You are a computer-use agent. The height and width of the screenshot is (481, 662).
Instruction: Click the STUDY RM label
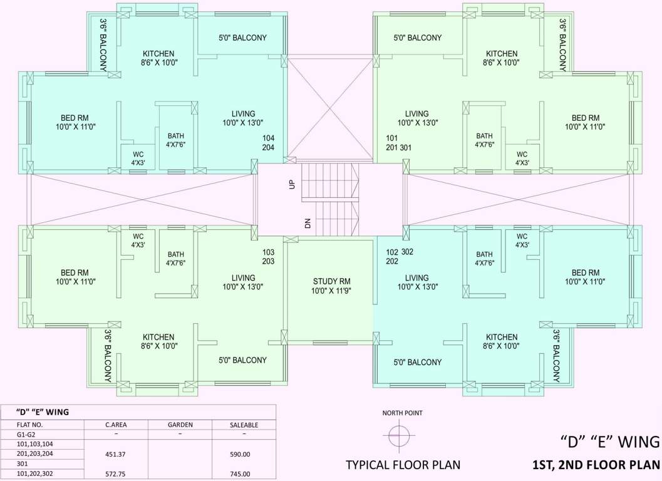click(x=331, y=281)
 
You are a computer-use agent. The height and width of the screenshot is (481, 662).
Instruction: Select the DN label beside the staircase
click(x=308, y=222)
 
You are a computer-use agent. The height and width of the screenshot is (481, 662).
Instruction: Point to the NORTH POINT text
click(x=402, y=413)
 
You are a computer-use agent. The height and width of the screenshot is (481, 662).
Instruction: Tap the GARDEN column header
click(x=180, y=425)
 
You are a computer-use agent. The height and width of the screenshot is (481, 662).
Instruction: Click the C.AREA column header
click(x=116, y=425)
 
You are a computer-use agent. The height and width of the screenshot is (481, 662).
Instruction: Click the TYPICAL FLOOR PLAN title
click(x=403, y=465)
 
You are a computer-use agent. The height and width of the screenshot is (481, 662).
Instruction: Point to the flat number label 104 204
click(x=269, y=143)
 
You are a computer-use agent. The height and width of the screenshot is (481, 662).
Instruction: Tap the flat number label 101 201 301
click(x=398, y=143)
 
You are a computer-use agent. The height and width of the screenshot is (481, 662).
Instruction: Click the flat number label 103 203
click(x=268, y=256)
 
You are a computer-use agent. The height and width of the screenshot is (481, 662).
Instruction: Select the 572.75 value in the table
click(x=116, y=474)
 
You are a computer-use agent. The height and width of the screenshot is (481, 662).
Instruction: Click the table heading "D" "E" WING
click(x=43, y=411)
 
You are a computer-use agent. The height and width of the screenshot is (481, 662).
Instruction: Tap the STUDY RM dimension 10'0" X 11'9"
click(x=331, y=291)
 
